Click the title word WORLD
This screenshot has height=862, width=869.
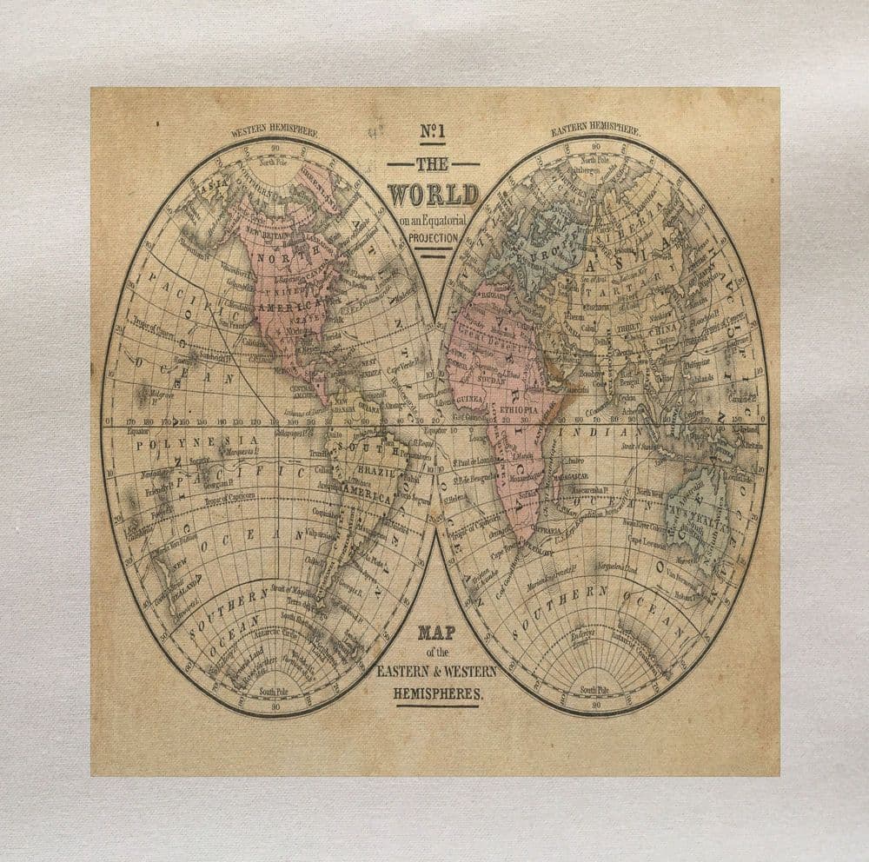pyautogui.click(x=433, y=194)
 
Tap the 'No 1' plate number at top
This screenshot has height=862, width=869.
pyautogui.click(x=433, y=132)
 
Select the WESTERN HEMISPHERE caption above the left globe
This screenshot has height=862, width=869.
pyautogui.click(x=274, y=133)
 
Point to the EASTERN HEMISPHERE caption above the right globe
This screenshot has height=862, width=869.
pyautogui.click(x=595, y=130)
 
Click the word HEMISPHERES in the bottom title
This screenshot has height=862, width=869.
pyautogui.click(x=437, y=694)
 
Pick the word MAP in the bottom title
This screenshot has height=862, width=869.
pyautogui.click(x=436, y=633)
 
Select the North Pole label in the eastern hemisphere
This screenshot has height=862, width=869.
pyautogui.click(x=595, y=160)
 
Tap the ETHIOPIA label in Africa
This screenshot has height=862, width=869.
pyautogui.click(x=520, y=408)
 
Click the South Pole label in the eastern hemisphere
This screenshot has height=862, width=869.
pyautogui.click(x=594, y=690)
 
